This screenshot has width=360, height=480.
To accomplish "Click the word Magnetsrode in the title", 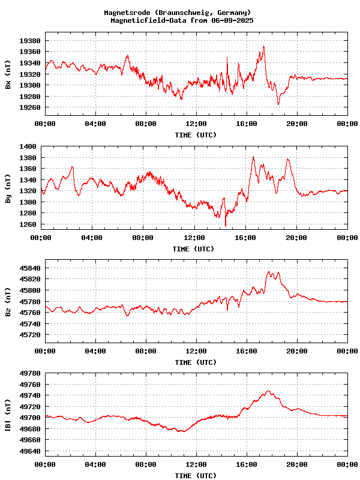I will pos(127,13).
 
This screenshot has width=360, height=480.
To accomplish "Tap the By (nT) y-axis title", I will pos(8,191).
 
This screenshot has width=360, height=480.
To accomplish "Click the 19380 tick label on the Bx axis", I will pos(31,41).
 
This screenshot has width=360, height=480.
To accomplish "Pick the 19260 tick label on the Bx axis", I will pos(31,108).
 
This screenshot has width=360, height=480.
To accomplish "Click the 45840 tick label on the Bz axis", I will pos(31,268).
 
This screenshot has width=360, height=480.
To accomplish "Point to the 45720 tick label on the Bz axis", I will pos(31,335).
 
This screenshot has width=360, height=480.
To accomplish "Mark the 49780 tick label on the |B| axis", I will pos(31,373).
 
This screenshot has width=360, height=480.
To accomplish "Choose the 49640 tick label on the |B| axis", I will pos(31,451).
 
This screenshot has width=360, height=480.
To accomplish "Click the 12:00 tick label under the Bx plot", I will pos(196,124).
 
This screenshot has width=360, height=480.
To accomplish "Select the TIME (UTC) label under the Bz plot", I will pos(196,362).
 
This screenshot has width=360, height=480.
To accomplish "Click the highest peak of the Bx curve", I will pos(263,46).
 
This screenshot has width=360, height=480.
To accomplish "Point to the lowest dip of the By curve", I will pos(226,226).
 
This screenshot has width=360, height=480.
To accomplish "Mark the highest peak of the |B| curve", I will pos(268,391).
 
